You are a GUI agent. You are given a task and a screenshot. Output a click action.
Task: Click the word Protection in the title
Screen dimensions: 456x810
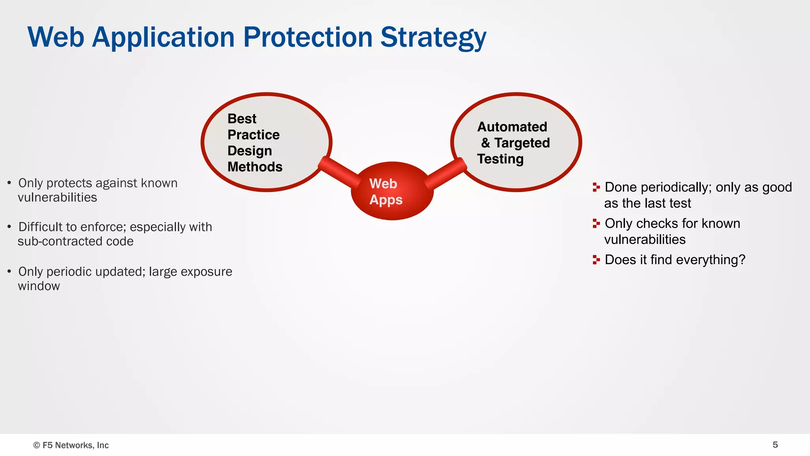(308, 38)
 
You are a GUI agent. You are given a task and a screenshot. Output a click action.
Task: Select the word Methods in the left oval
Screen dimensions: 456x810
(255, 167)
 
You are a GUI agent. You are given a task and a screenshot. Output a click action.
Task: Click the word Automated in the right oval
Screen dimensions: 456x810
(512, 127)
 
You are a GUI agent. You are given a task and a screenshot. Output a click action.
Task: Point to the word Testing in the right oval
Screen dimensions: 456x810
(500, 159)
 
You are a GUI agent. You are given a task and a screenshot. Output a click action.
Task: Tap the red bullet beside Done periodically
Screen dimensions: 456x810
(596, 187)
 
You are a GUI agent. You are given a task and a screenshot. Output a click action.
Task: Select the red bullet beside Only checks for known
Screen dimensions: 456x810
(596, 223)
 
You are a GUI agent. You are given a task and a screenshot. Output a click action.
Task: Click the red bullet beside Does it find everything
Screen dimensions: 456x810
(596, 260)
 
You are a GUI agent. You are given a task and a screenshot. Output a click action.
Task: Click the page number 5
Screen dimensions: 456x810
(775, 445)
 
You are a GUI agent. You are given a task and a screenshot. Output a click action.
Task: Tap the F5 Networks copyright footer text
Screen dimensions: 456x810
(71, 445)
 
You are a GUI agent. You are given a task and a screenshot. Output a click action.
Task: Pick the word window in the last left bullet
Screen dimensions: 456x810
(39, 286)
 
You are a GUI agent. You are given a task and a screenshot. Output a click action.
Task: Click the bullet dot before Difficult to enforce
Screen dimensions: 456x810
(9, 227)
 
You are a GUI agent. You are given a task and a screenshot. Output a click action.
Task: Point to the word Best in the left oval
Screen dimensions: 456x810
(242, 119)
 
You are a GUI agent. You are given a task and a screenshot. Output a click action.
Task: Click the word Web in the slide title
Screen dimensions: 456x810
(56, 38)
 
